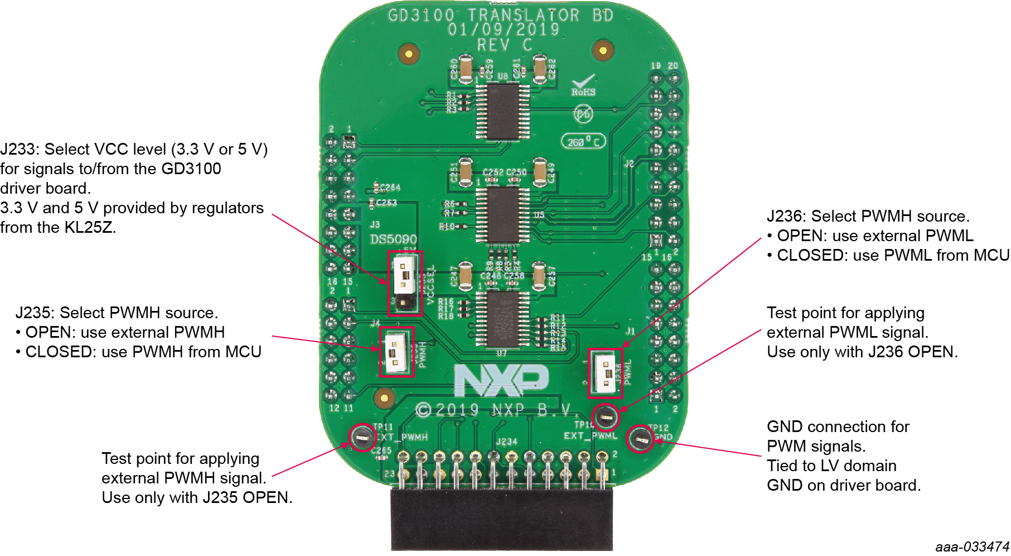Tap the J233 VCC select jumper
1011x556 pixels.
click(404, 283)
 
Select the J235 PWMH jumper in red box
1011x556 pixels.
click(395, 352)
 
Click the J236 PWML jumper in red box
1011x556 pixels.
click(605, 373)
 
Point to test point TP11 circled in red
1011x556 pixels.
click(362, 438)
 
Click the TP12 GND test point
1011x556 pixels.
click(640, 439)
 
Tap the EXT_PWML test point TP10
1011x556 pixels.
click(605, 416)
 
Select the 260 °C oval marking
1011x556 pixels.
click(583, 141)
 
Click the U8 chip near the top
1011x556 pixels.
click(503, 111)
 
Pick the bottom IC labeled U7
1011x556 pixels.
click(502, 318)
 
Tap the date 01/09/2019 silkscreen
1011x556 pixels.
click(503, 30)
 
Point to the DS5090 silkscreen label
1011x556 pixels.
click(393, 239)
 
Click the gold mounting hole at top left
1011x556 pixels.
click(409, 54)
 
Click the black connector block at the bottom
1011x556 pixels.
click(501, 519)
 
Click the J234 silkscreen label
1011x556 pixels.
click(506, 442)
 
